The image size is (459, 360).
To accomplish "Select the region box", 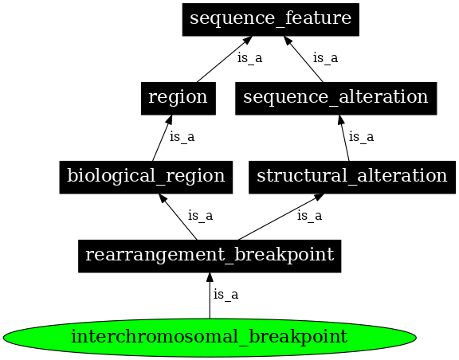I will (x=178, y=97).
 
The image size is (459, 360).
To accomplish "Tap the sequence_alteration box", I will (x=335, y=97).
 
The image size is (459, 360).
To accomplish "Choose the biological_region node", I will (x=146, y=176).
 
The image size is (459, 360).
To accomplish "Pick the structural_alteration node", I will (x=351, y=176).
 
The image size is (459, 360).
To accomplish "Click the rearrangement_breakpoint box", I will (x=210, y=255).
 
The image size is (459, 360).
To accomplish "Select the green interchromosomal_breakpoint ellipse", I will (x=210, y=337).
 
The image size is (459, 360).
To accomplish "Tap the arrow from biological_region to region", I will (x=162, y=137).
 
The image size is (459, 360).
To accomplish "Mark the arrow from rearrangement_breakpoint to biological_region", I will (x=178, y=216).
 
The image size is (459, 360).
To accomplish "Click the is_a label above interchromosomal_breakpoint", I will (x=226, y=295).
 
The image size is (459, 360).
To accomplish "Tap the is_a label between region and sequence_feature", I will (x=249, y=57).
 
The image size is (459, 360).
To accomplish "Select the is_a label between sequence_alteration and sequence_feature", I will (x=325, y=57).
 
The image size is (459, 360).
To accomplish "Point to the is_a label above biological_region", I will (x=182, y=137).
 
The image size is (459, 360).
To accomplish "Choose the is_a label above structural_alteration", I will (x=361, y=137).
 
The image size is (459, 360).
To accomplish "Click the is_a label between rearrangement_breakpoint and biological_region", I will (x=200, y=216).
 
